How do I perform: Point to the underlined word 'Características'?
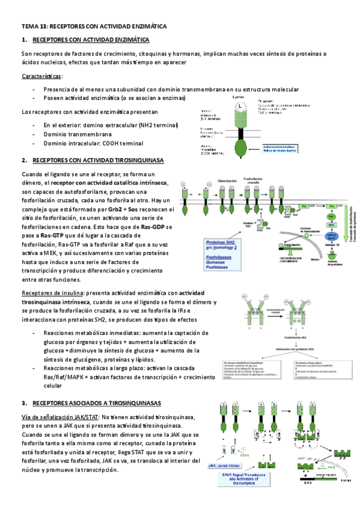coord(41,76)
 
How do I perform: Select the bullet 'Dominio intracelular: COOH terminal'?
coord(93,144)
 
